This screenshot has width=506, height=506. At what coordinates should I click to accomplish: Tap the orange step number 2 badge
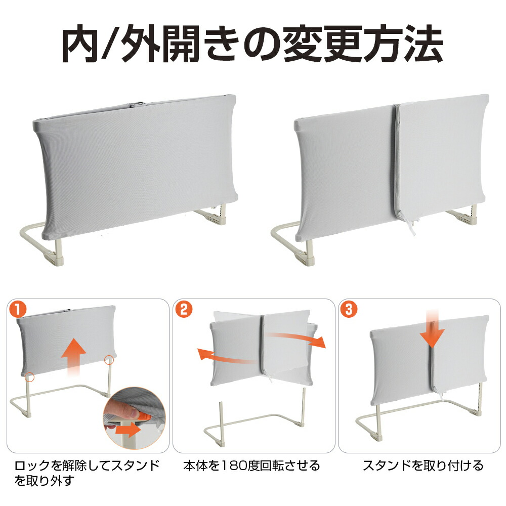(184, 310)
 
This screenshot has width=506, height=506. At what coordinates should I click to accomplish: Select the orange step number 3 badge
(349, 310)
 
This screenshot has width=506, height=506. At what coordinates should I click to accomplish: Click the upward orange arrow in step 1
(74, 356)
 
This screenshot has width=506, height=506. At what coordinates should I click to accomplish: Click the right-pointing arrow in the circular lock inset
(129, 430)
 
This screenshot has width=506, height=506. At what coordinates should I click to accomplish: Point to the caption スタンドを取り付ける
(423, 466)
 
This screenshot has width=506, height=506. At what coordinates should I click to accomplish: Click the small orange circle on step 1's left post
(30, 376)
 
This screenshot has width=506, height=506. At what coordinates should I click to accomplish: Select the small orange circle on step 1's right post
(109, 359)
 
